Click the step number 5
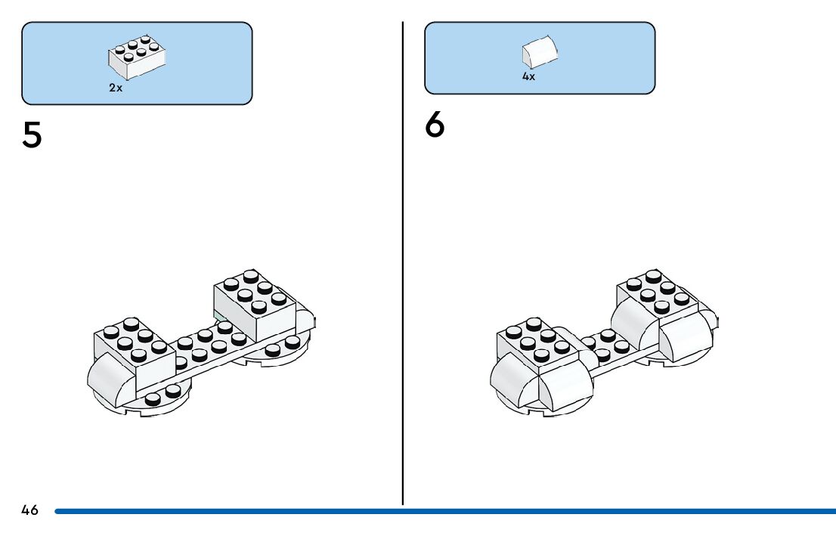(33, 135)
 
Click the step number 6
(435, 125)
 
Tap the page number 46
(29, 510)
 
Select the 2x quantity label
(115, 88)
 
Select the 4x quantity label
(528, 77)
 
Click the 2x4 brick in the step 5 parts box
(137, 57)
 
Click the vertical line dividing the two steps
(403, 265)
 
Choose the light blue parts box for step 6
(605, 58)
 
